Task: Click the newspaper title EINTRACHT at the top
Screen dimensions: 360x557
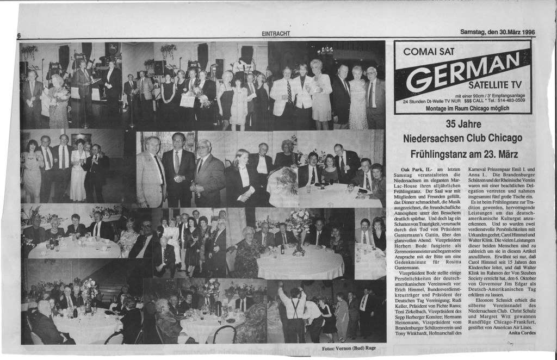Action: pyautogui.click(x=276, y=34)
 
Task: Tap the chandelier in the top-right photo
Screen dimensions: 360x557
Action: pyautogui.click(x=326, y=51)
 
